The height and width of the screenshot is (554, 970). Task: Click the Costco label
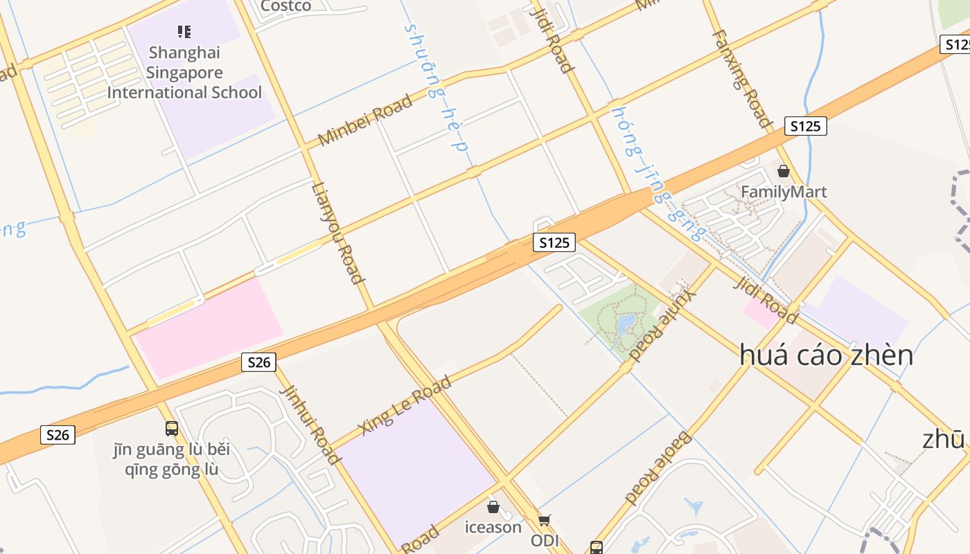tap(285, 6)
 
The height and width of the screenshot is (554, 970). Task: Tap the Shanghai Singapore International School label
tap(184, 73)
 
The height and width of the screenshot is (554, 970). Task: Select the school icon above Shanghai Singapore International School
tap(184, 31)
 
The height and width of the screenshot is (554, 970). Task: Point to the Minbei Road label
tap(365, 120)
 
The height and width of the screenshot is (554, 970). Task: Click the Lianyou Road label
tap(338, 233)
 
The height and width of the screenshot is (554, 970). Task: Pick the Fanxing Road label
tap(741, 79)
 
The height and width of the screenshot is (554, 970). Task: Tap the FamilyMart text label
tap(784, 192)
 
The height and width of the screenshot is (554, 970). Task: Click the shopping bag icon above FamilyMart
tap(784, 171)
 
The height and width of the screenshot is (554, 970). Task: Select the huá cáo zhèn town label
tap(826, 355)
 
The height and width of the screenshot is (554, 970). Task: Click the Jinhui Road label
tap(310, 425)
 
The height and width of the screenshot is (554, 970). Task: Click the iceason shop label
tap(493, 528)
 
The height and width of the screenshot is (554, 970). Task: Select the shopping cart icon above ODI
tap(544, 520)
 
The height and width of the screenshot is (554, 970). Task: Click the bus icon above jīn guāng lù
tap(171, 429)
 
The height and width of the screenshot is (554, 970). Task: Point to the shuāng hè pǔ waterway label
tap(436, 87)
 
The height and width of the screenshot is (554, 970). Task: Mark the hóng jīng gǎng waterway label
tap(658, 174)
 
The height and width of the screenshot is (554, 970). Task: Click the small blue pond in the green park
tap(626, 323)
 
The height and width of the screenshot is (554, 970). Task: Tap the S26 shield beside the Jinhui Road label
tap(259, 362)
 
